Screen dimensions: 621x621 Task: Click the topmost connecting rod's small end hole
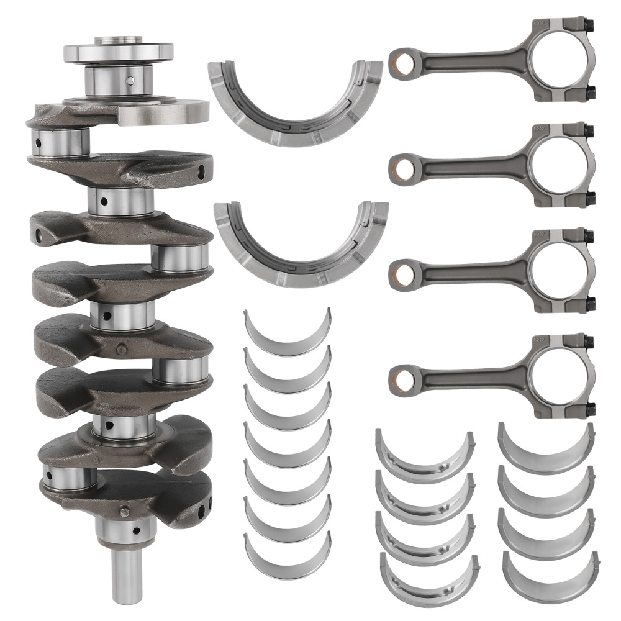(402, 62)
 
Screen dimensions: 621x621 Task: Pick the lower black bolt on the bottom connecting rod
(589, 410)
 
